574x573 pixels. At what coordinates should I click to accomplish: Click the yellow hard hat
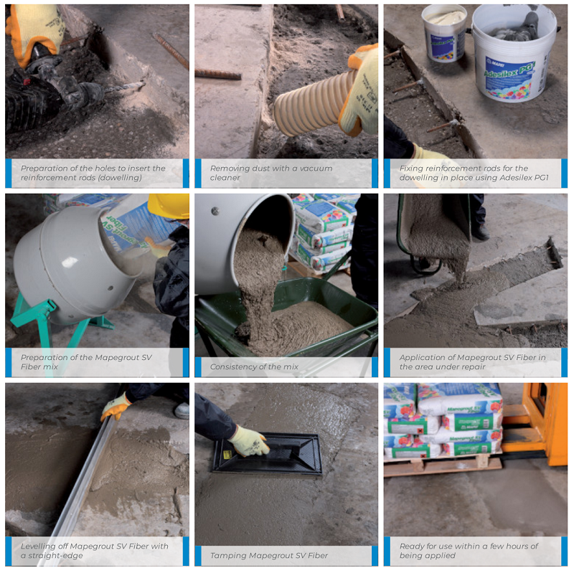(169, 206)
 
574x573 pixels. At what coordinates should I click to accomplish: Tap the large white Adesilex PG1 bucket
(514, 55)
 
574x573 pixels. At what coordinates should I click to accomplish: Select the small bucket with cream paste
(444, 32)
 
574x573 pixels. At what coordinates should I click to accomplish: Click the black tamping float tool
(268, 453)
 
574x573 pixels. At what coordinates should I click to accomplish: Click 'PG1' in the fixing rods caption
(542, 177)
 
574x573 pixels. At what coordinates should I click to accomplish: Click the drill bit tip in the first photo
(144, 84)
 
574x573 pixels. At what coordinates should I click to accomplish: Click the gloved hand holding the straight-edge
(116, 407)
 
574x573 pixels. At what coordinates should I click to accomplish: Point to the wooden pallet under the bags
(443, 465)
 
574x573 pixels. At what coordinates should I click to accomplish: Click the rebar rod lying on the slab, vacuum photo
(218, 75)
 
